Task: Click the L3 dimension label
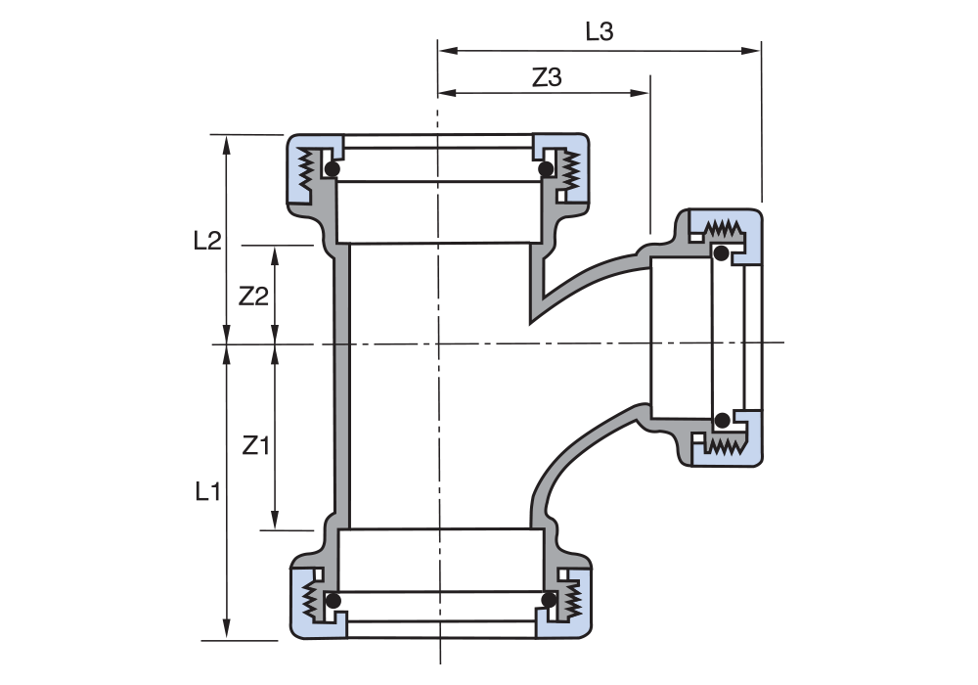599,31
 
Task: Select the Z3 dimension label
547,78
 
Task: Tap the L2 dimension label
207,241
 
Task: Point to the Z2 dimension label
253,296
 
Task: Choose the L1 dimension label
206,491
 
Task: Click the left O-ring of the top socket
333,169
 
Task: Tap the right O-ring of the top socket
546,169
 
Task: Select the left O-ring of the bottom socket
333,600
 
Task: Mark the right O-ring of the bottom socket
549,599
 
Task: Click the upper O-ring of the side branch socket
721,254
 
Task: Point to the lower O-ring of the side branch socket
721,421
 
